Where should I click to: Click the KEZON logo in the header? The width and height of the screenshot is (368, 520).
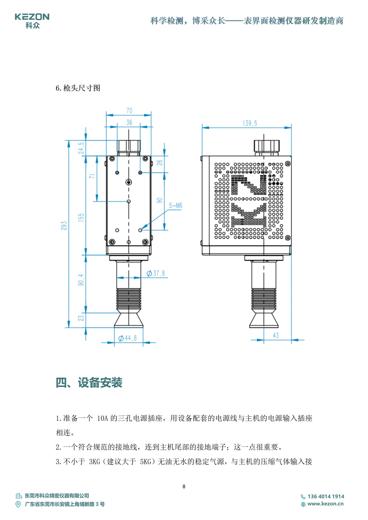click(32, 21)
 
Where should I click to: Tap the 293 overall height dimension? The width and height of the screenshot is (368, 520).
click(64, 225)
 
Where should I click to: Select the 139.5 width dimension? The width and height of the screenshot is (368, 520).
click(250, 123)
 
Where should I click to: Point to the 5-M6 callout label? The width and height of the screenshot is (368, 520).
click(176, 205)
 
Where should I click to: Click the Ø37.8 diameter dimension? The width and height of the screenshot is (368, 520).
click(156, 273)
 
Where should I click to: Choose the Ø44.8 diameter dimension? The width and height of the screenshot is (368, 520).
click(128, 338)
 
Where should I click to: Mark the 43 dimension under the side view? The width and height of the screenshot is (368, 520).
click(276, 336)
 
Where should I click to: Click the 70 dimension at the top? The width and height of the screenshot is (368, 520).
click(129, 111)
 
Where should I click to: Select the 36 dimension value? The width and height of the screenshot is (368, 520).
click(129, 123)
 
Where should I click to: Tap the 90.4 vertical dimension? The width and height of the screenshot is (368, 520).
click(81, 280)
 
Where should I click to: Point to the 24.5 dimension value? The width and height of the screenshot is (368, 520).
click(81, 148)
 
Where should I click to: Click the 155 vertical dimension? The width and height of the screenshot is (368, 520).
click(81, 217)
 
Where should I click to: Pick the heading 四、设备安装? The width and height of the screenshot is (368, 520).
click(89, 383)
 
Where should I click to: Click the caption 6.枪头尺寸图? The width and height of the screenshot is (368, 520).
click(78, 88)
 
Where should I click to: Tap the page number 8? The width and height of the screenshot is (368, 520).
click(184, 486)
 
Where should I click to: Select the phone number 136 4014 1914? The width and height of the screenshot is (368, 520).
click(326, 497)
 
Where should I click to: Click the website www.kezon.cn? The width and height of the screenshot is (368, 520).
click(326, 504)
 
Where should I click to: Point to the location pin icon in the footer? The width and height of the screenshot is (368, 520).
click(18, 504)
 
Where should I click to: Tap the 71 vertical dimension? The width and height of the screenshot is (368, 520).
click(92, 176)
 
